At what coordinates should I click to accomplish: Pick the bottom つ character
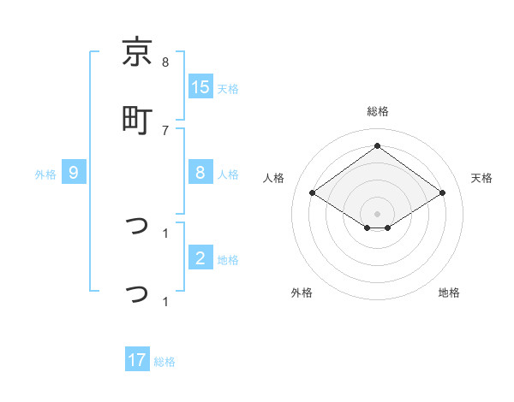click(137, 293)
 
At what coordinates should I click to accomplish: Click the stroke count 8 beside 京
click(165, 62)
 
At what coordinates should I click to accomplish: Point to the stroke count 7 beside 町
click(165, 130)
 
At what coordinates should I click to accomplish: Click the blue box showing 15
click(200, 87)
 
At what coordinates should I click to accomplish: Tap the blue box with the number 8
click(200, 173)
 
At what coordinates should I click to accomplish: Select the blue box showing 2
click(200, 258)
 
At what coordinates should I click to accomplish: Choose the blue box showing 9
click(74, 173)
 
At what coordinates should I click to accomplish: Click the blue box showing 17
click(137, 360)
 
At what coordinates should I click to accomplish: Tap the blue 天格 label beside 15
click(228, 88)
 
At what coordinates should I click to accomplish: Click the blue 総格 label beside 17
click(164, 361)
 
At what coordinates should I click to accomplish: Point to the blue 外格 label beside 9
click(45, 174)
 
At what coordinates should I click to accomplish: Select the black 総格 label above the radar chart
click(377, 111)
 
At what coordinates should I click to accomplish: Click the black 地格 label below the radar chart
click(449, 293)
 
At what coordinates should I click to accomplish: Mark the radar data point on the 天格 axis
click(442, 193)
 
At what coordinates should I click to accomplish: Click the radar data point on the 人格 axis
click(313, 193)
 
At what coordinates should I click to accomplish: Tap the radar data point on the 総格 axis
click(377, 145)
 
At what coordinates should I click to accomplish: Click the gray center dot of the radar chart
click(377, 213)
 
